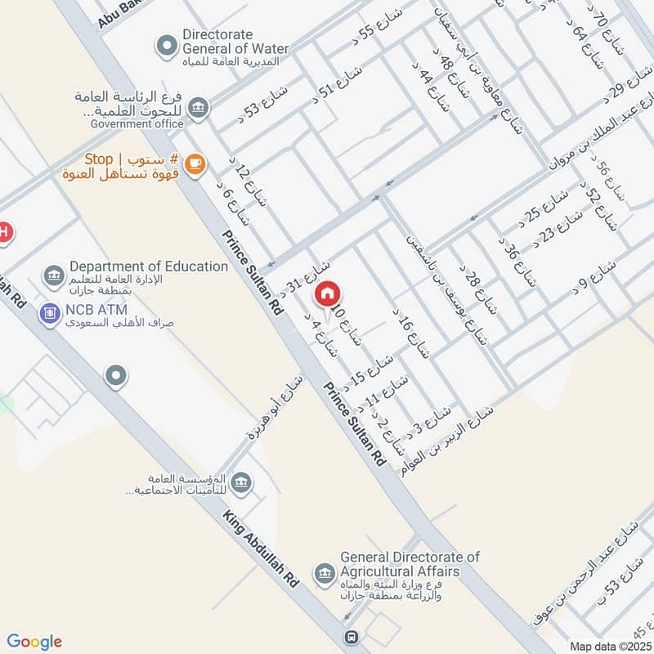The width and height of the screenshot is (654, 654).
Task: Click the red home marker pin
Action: click(328, 293)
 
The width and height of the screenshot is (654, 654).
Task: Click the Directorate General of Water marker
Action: click(167, 47)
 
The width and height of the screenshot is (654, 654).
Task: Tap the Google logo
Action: click(34, 642)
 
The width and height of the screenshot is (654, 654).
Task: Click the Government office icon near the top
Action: click(197, 107)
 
